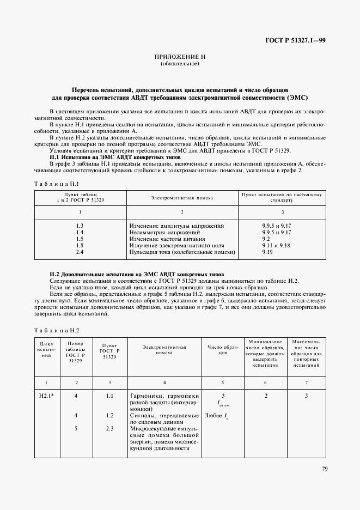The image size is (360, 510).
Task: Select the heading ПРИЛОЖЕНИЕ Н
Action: pyautogui.click(x=180, y=57)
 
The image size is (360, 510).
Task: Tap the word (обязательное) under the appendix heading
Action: pyautogui.click(x=180, y=64)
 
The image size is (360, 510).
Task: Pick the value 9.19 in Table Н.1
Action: pyautogui.click(x=267, y=252)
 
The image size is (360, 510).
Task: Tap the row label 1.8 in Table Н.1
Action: pyautogui.click(x=80, y=246)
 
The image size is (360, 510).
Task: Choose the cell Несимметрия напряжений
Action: pyautogui.click(x=166, y=232)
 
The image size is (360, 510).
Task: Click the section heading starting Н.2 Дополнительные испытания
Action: pyautogui.click(x=136, y=274)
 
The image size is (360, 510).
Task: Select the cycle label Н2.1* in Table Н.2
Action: pyautogui.click(x=46, y=396)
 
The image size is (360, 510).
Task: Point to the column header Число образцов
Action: pyautogui.click(x=223, y=350)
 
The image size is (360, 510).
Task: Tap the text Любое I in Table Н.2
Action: pyautogui.click(x=216, y=416)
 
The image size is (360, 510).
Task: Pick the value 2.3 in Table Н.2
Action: pyautogui.click(x=109, y=428)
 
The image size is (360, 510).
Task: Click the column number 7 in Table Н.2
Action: pyautogui.click(x=307, y=383)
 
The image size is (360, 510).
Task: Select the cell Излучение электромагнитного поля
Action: pyautogui.click(x=177, y=246)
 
